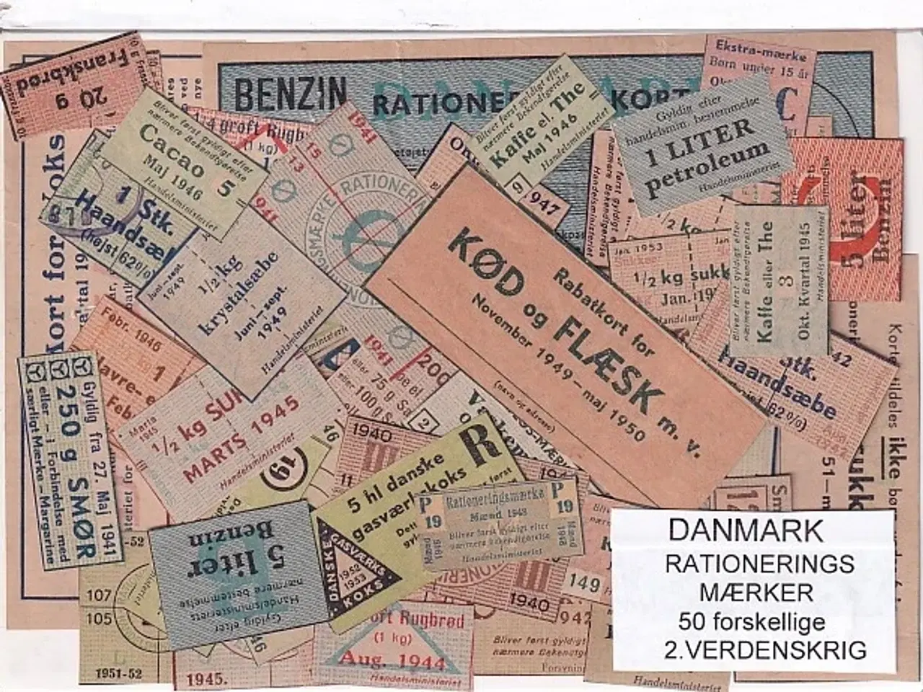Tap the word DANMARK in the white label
[x=745, y=530]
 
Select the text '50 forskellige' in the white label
[x=752, y=621]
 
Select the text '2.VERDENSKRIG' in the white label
[x=767, y=649]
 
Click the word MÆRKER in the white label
[x=756, y=593]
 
